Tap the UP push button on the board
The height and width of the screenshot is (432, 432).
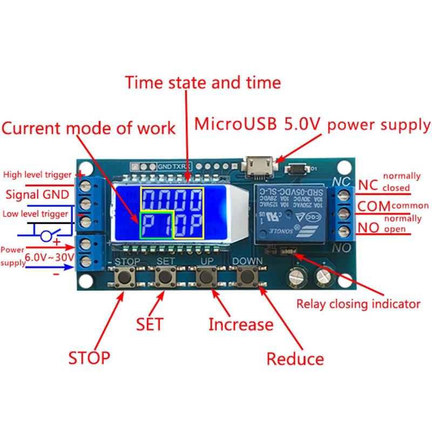coord(205,278)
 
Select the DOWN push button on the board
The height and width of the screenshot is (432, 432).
coord(248,278)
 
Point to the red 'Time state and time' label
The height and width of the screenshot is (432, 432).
coord(203,83)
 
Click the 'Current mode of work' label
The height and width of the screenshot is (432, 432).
coord(89,128)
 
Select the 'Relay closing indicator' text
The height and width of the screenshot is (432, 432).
coord(358,303)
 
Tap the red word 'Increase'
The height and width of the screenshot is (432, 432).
coord(241,325)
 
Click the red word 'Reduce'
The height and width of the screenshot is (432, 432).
coord(295,359)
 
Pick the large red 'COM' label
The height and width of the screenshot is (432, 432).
coord(374,206)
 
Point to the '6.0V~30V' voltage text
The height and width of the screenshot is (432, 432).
coord(50,257)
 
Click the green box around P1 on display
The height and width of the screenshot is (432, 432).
coord(156,225)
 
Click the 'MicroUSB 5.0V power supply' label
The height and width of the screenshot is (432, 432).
coord(313,125)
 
